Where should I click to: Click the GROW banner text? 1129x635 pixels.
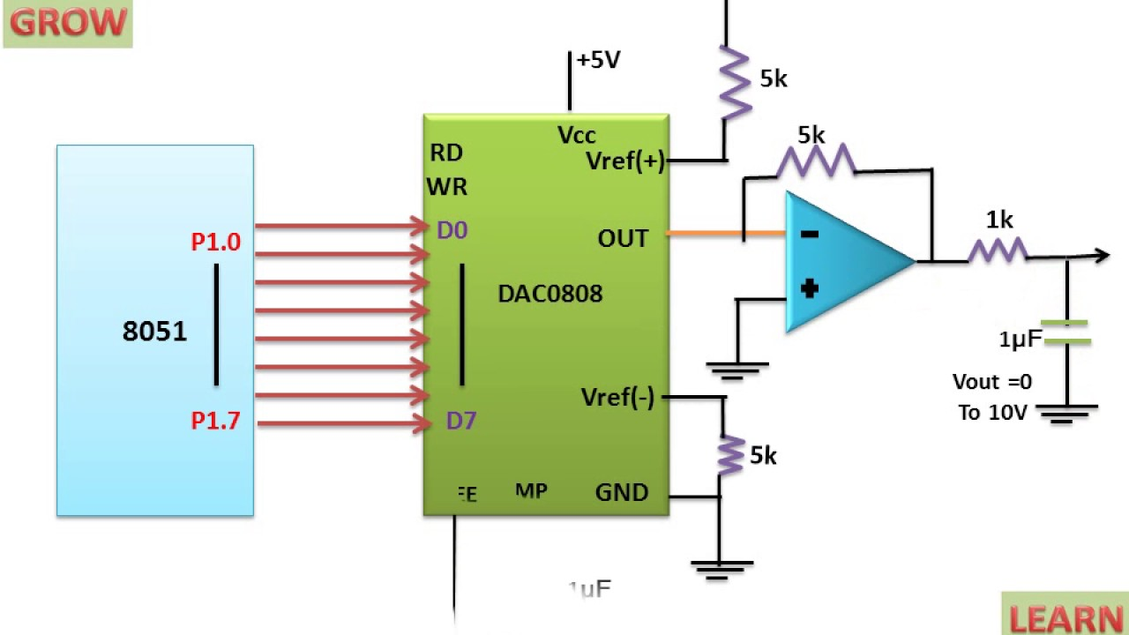68,23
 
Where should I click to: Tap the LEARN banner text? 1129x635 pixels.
1065,617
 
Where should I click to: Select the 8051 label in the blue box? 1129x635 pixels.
154,332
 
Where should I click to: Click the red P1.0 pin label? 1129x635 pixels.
215,242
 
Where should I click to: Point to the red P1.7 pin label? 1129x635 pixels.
215,422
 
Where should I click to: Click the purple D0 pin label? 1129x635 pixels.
452,230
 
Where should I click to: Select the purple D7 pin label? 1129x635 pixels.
460,421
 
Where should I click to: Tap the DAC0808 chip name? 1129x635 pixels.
550,294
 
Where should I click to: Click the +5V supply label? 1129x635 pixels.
598,60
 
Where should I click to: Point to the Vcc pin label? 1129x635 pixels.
577,135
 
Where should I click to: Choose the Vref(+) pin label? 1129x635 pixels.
624,161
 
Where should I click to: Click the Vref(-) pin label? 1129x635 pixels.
617,398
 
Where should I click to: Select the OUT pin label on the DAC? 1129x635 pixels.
623,238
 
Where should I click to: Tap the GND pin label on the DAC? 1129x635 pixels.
622,492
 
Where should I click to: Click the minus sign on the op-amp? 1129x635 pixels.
810,234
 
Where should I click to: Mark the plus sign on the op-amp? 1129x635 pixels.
810,288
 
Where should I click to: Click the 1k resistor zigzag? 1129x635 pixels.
998,251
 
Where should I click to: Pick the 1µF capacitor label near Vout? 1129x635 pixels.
1020,339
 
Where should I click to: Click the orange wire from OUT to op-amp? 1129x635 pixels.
723,234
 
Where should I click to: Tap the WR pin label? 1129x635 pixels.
447,187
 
